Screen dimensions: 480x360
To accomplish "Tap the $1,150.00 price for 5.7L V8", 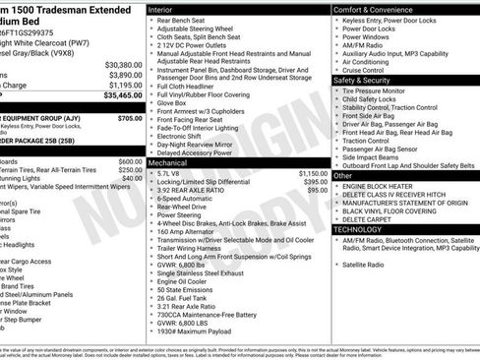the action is pos(313,172).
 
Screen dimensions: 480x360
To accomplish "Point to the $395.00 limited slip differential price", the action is pos(315,181).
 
